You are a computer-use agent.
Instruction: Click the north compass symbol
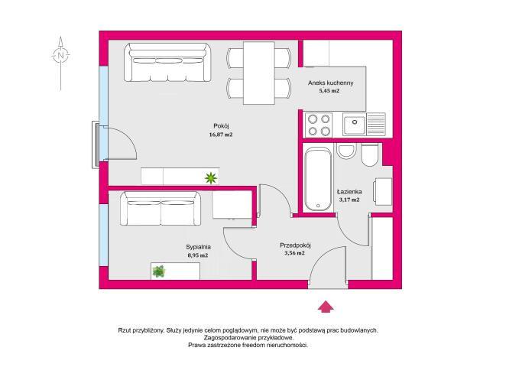pos(60,55)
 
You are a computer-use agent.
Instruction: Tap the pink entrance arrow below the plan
pos(326,307)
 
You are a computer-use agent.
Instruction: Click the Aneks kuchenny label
pos(331,83)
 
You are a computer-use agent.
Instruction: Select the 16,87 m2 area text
pos(221,135)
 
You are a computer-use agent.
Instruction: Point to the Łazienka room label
pos(349,192)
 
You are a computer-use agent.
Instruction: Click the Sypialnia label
pos(198,247)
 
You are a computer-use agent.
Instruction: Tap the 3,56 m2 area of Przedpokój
pos(294,253)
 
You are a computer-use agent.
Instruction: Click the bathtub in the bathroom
pos(318,179)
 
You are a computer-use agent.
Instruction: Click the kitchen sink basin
pos(354,124)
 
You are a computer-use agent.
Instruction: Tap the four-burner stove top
pos(319,125)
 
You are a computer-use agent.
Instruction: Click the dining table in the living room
pos(259,73)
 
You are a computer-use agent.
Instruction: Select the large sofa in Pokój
pos(167,62)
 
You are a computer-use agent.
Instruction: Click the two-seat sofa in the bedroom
pos(161,208)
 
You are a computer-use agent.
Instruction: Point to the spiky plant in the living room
pos(211,178)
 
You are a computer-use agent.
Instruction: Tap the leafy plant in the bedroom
pos(159,271)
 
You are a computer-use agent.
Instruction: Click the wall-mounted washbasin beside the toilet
pos(346,151)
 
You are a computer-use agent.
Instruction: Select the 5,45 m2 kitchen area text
pos(329,91)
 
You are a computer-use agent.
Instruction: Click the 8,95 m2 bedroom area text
pos(198,255)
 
